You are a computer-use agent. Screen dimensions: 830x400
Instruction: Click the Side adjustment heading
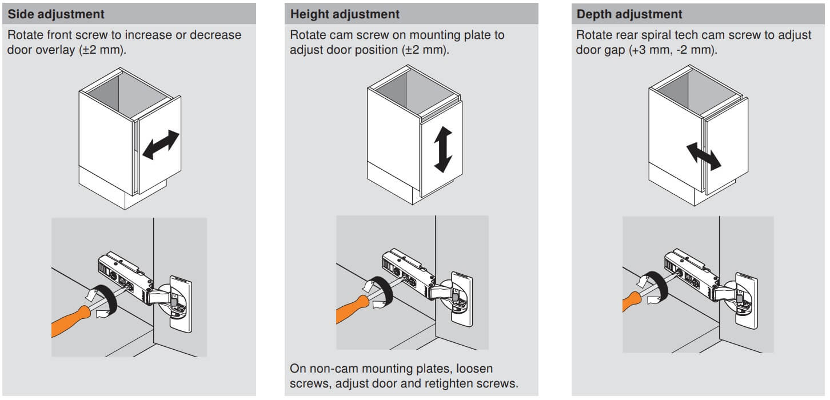[56, 14]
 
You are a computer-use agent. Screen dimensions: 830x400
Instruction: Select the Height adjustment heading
[345, 14]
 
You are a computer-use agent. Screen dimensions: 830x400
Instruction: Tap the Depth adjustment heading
[629, 14]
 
